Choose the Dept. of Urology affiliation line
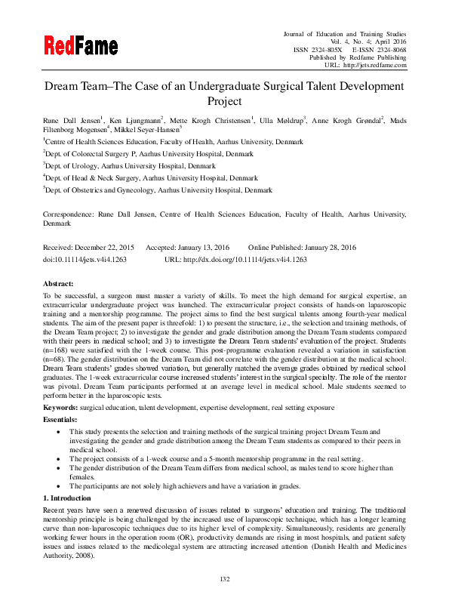[130, 165]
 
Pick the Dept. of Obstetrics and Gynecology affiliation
[158, 191]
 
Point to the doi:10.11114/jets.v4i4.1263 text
[85, 259]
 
